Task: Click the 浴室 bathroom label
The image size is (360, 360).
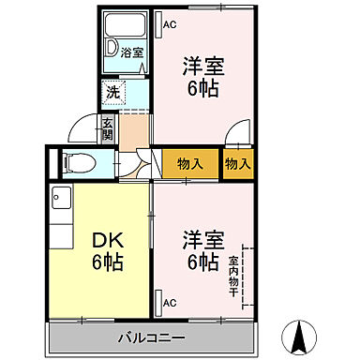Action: tap(132, 53)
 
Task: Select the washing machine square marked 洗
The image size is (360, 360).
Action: tap(112, 92)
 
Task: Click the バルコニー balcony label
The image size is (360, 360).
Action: tap(150, 337)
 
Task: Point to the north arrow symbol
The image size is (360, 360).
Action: tap(303, 334)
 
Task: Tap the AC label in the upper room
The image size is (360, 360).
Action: tap(170, 24)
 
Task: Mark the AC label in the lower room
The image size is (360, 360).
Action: tap(170, 303)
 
